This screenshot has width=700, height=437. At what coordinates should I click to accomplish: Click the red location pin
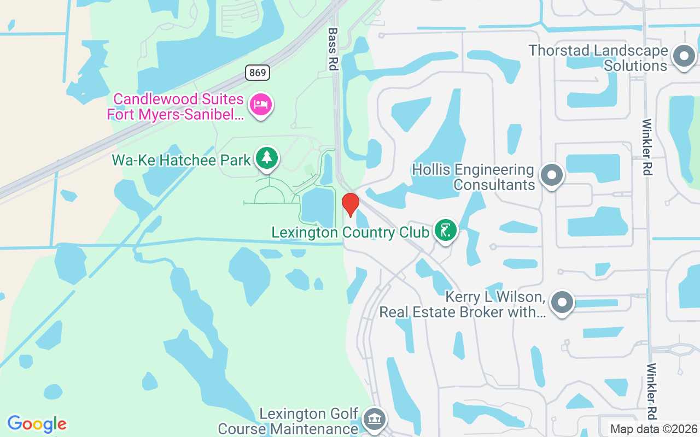pyautogui.click(x=350, y=204)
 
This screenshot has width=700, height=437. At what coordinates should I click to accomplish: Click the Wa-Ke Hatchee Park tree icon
pyautogui.click(x=267, y=158)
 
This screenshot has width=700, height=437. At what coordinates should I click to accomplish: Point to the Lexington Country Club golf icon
pyautogui.click(x=446, y=230)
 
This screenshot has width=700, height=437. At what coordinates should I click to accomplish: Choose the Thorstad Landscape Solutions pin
pyautogui.click(x=683, y=56)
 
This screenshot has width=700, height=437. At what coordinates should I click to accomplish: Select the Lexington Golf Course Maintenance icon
pyautogui.click(x=374, y=420)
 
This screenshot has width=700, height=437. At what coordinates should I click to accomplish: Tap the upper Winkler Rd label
pyautogui.click(x=647, y=147)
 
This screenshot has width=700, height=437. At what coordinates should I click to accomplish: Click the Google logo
pyautogui.click(x=37, y=424)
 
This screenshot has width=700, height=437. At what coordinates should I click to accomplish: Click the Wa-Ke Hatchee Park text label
pyautogui.click(x=181, y=160)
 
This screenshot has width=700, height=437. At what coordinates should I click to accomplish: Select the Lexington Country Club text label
pyautogui.click(x=351, y=232)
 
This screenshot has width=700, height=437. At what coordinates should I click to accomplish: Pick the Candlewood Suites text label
pyautogui.click(x=178, y=107)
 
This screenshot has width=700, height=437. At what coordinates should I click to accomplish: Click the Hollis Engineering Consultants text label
pyautogui.click(x=473, y=177)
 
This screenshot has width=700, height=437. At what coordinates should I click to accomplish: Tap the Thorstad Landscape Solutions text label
pyautogui.click(x=598, y=58)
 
